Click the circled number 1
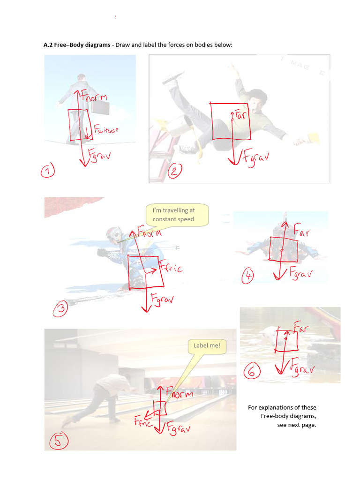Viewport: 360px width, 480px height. coord(47,172)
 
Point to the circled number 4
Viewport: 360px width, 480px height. coord(247,277)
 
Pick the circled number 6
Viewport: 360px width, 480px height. coord(251,372)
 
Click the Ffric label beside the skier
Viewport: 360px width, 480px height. coord(171,269)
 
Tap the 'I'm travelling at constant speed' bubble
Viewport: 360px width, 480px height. coord(177,215)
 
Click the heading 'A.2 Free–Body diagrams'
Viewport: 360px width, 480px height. coord(77,45)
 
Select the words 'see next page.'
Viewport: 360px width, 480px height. coord(296,425)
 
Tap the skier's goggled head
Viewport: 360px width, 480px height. coord(114,234)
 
